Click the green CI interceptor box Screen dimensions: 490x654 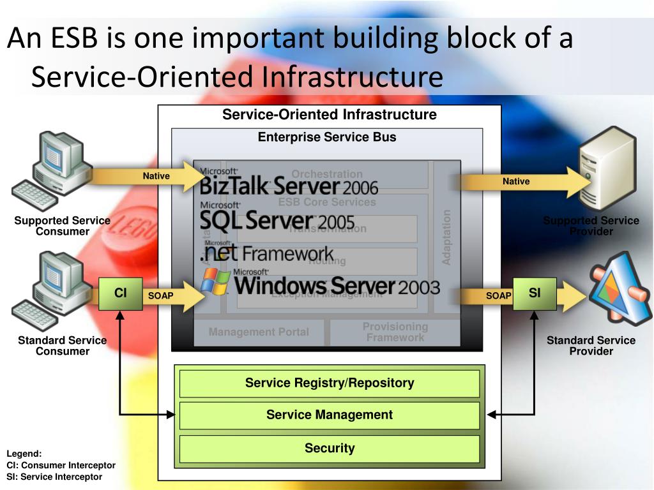121,293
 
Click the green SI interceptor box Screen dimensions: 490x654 535,293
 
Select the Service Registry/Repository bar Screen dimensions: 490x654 330,383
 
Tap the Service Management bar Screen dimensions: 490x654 330,415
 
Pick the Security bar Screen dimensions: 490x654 330,449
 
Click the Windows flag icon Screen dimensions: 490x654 215,281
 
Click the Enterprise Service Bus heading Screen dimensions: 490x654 327,137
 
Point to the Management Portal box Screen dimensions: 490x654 259,332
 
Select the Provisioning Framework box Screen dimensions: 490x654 395,332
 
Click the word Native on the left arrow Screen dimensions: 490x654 156,176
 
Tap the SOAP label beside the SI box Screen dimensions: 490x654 498,295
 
